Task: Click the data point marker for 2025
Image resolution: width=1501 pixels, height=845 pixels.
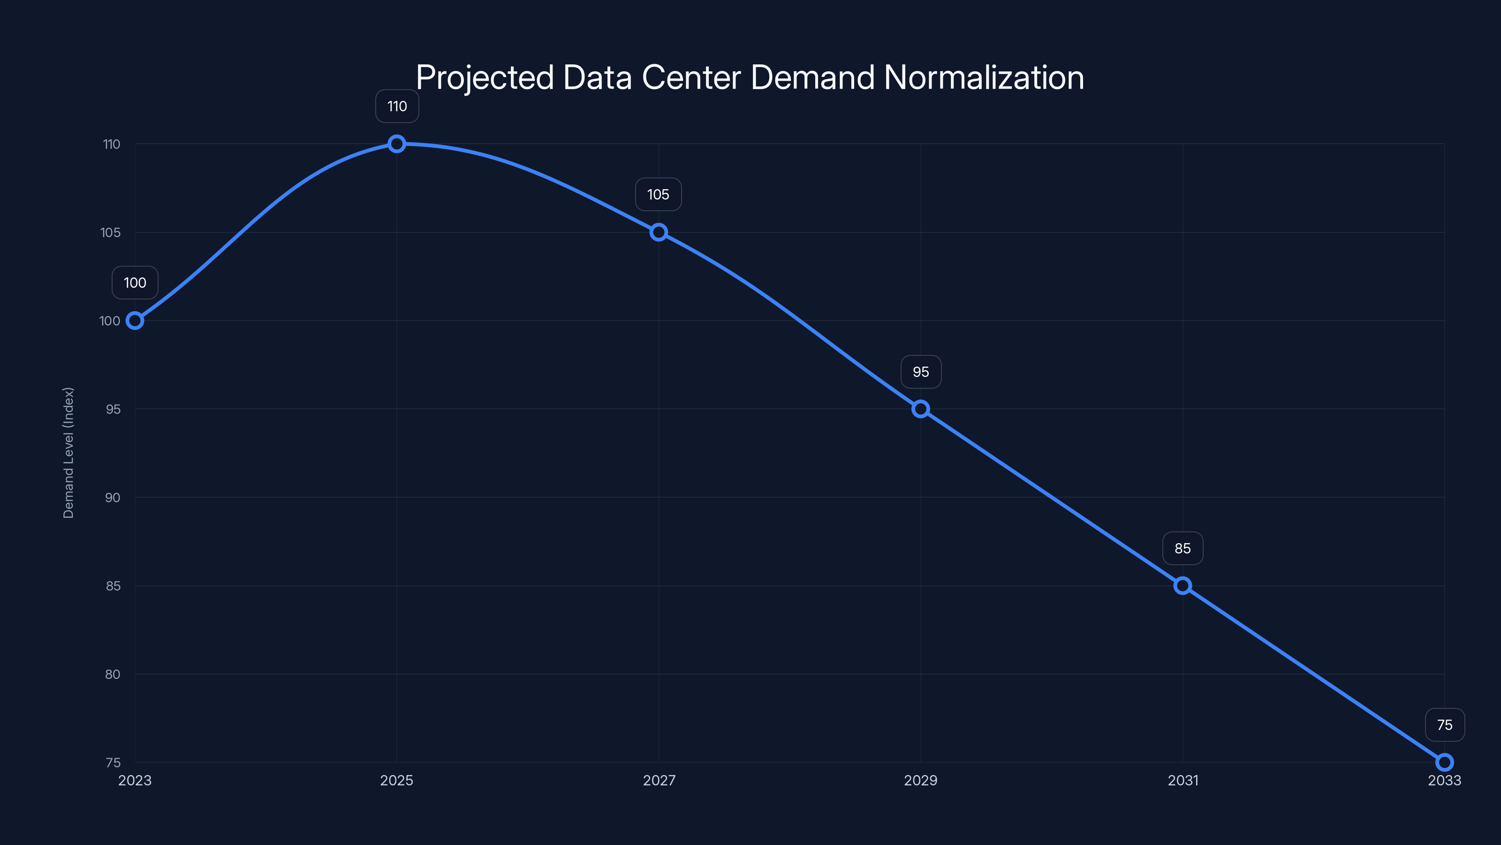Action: point(397,144)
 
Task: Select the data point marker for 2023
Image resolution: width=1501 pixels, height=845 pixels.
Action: point(135,321)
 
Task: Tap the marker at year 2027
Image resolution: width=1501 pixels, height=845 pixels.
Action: point(659,232)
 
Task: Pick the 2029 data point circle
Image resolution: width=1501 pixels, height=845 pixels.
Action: point(921,409)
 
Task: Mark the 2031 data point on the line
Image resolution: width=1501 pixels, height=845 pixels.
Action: point(1182,585)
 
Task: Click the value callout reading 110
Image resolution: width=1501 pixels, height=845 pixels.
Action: point(397,106)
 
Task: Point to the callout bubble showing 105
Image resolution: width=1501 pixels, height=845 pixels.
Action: point(659,194)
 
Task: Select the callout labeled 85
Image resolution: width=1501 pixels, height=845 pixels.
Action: point(1182,548)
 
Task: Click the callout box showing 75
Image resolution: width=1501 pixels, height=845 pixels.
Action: point(1445,725)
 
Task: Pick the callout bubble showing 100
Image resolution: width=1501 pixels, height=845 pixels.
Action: point(135,283)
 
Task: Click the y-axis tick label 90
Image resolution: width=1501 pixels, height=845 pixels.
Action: point(113,498)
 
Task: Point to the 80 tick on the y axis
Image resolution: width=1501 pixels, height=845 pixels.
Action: point(113,674)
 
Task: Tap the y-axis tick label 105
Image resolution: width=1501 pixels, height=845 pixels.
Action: point(110,233)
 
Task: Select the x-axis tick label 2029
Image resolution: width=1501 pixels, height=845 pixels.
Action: point(921,780)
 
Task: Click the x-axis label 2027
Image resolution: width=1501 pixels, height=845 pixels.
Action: point(659,780)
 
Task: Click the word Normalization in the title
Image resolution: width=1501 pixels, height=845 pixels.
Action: point(984,77)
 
